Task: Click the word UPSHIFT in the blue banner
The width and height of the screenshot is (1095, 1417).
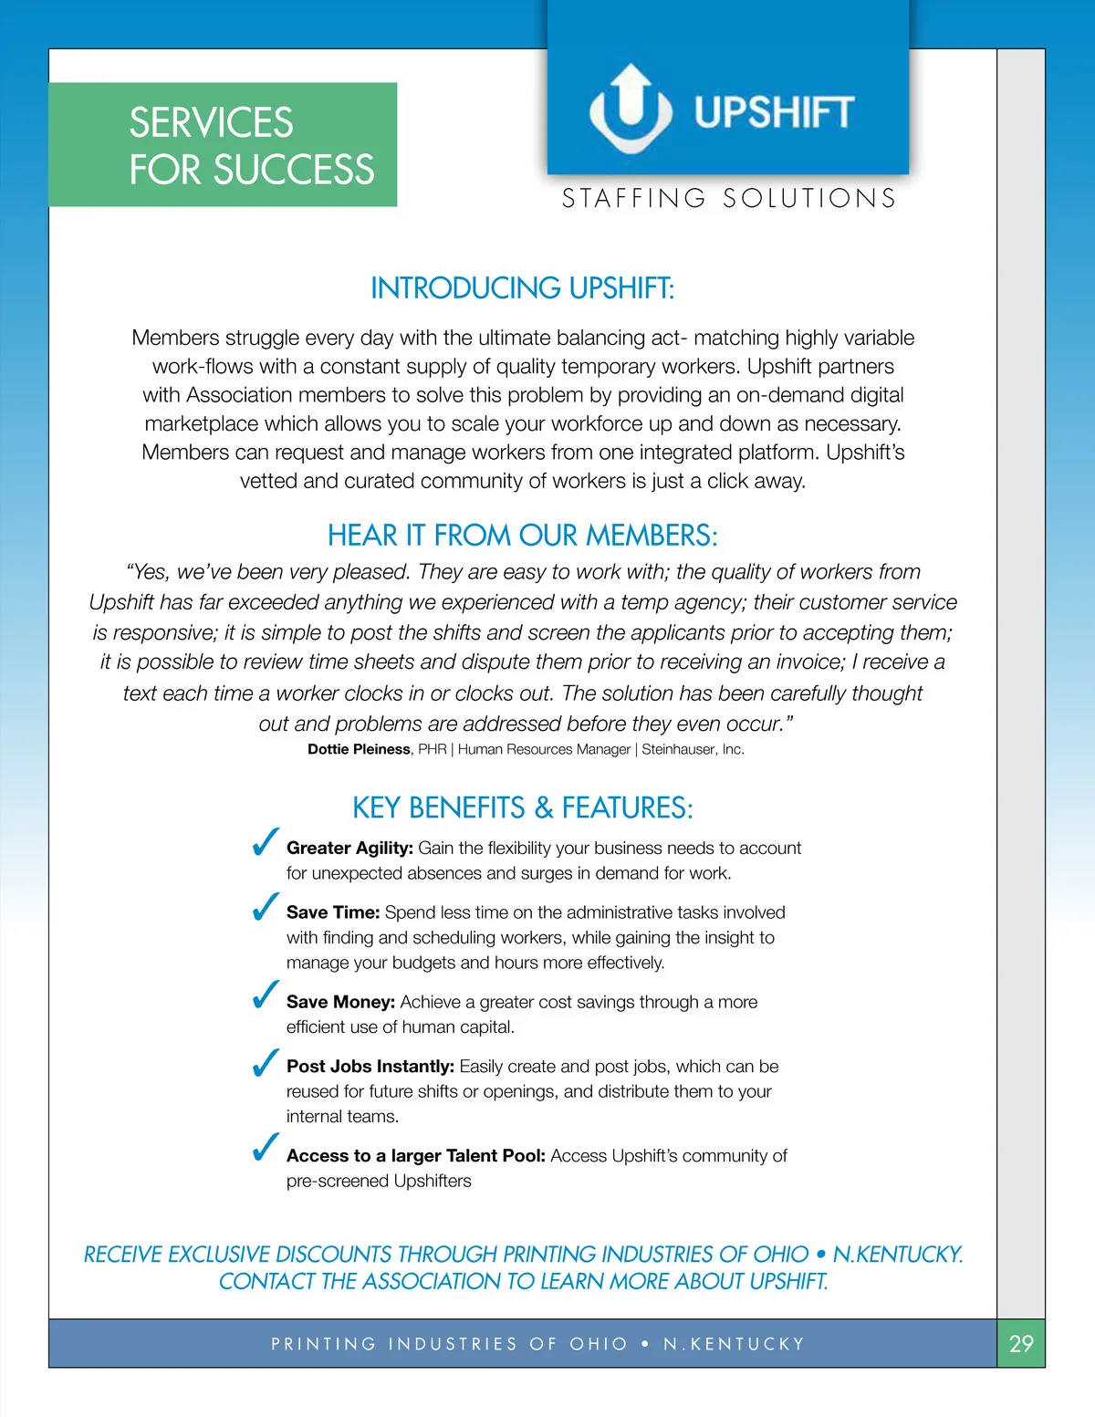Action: pos(774,112)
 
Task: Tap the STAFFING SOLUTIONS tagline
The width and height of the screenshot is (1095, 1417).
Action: pos(729,198)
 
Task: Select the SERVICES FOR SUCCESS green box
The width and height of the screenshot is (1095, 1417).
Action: pos(223,145)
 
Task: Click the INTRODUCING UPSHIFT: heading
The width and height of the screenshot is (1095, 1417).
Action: pos(522,288)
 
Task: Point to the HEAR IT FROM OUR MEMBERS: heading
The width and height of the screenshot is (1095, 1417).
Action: pos(522,535)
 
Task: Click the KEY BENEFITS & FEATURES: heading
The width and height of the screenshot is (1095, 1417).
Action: pos(522,807)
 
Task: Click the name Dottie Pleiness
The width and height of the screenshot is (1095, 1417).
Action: pos(359,749)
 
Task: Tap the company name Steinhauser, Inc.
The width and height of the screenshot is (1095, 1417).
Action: pos(693,749)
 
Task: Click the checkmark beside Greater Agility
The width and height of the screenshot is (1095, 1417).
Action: pos(265,843)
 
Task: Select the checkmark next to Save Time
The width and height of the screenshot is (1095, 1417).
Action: pos(265,907)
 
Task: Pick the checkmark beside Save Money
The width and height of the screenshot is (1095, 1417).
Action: pos(265,995)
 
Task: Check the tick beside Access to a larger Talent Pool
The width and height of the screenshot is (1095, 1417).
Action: pos(265,1148)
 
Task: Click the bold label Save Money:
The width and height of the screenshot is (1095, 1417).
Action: pos(340,1002)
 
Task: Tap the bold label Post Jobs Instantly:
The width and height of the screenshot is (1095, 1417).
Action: pos(370,1067)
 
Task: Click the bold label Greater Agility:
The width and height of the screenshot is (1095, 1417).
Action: pos(349,848)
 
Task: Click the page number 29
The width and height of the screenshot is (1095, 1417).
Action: pos(1021,1343)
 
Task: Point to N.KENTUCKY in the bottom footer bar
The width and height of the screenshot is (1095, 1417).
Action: pos(734,1344)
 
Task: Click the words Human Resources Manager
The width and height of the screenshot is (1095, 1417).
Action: pos(544,749)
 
